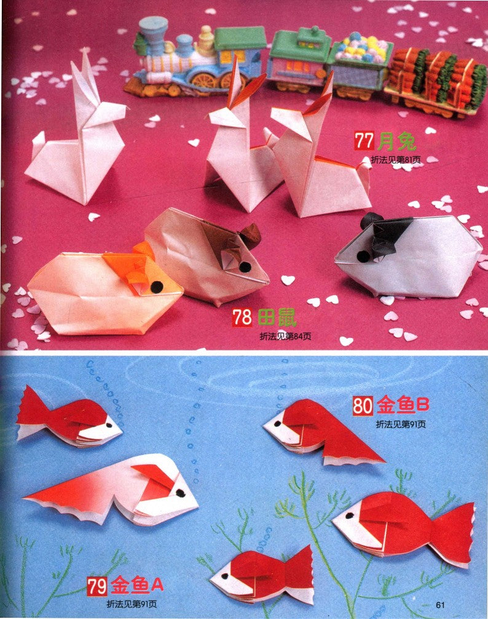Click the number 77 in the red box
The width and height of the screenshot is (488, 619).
click(x=364, y=141)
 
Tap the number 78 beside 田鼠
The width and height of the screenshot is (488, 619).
click(x=242, y=317)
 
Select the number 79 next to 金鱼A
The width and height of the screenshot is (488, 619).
click(x=97, y=586)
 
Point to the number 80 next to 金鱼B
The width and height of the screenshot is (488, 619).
click(x=363, y=406)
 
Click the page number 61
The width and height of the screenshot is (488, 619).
click(x=440, y=605)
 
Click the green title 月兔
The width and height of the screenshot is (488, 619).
click(x=396, y=141)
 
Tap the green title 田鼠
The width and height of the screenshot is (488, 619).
click(x=277, y=318)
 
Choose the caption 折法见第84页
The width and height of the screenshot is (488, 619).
click(x=285, y=336)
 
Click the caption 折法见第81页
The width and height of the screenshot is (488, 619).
click(x=396, y=160)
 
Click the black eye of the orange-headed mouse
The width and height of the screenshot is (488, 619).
click(x=157, y=287)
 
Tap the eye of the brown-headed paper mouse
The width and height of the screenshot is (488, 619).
click(x=245, y=267)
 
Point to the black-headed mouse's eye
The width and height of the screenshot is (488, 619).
click(x=363, y=256)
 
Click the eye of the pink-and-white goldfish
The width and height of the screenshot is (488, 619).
click(x=181, y=493)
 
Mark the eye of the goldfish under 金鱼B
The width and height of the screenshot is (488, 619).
click(x=278, y=424)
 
